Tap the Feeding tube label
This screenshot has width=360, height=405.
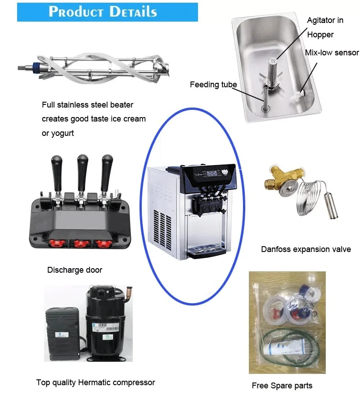pos(213,84)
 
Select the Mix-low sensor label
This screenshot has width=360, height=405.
pos(332,53)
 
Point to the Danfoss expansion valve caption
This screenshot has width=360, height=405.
pos(306,249)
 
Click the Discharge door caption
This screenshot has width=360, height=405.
pos(75,270)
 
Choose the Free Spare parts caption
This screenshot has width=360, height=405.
pos(282,385)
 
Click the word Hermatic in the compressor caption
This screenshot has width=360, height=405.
pos(97,382)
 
